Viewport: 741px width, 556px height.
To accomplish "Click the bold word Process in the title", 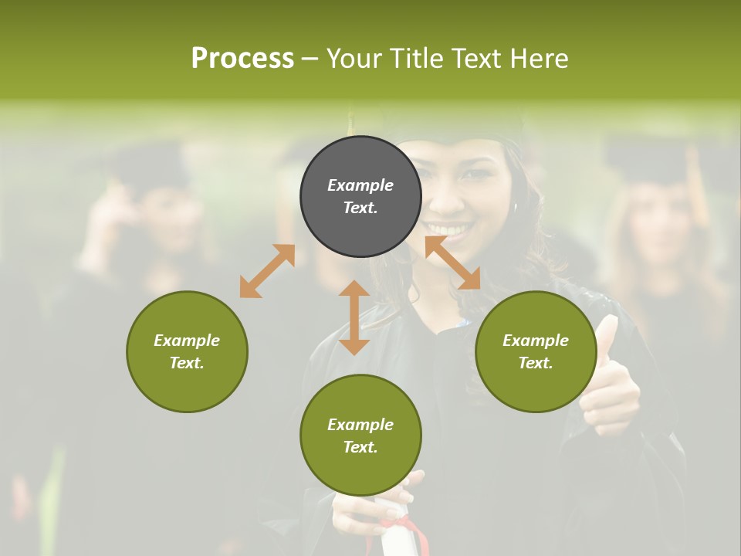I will coord(242,58).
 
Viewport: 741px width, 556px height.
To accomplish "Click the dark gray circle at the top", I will coord(360,196).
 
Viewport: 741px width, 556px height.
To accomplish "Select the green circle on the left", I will coord(187,351).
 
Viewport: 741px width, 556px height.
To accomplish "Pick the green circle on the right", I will coord(536,351).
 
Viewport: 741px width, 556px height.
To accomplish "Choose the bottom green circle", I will coord(360,435).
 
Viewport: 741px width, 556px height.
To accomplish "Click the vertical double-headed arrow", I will coord(354,317).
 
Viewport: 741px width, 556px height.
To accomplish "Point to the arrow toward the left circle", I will coord(267,271).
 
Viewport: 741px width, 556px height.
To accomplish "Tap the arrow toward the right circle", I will coord(452,263).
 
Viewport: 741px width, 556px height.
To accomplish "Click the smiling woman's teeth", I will coord(449,229).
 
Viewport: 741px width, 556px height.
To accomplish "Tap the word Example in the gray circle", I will coord(360,185).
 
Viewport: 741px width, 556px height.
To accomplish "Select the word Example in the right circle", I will coord(536,341).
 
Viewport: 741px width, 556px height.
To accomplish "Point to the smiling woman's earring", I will coord(515,208).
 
